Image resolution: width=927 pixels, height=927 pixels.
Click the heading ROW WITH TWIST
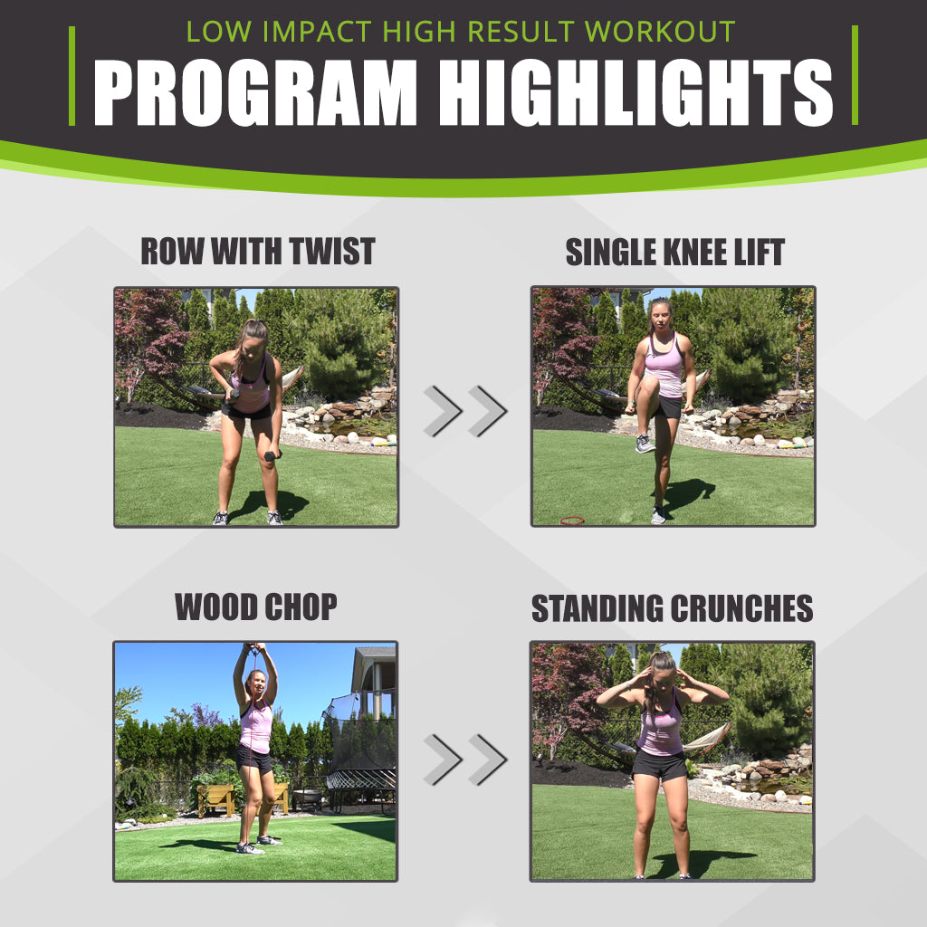coord(257,252)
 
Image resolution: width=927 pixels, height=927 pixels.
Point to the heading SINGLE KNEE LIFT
coord(674,252)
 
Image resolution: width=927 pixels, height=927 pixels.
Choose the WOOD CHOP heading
coord(255,607)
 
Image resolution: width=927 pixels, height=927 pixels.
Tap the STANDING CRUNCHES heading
coord(672,608)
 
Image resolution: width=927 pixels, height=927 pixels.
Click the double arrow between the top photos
coord(464,410)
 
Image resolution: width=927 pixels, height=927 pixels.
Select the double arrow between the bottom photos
coord(464,760)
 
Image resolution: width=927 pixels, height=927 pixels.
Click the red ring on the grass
coord(572,521)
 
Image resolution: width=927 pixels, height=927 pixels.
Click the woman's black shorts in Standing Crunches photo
coord(659,765)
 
